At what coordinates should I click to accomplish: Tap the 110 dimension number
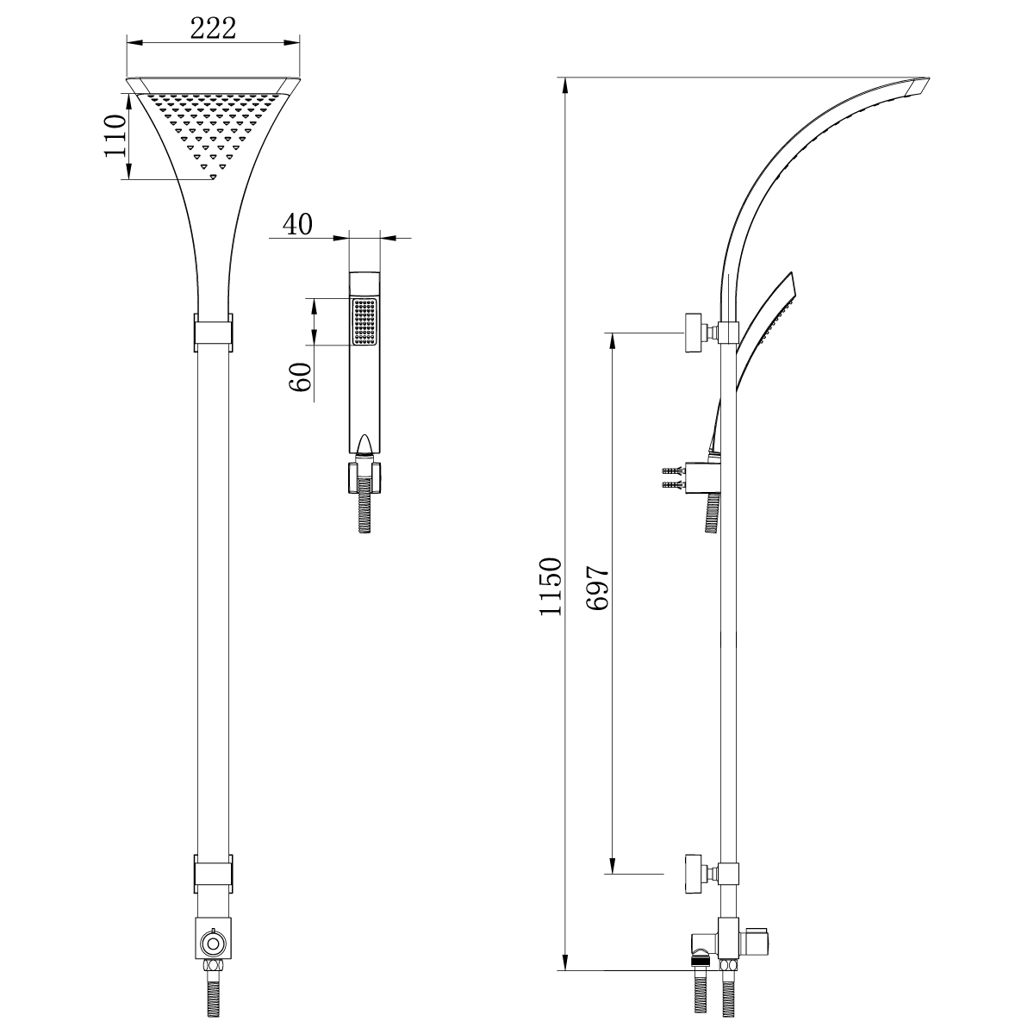tap(115, 135)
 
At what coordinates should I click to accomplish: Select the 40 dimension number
tap(297, 224)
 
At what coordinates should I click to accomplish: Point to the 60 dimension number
tap(301, 377)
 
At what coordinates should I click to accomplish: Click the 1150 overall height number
tap(551, 586)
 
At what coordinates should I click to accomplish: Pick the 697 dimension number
tap(598, 588)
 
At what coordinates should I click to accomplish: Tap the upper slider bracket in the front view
tap(213, 333)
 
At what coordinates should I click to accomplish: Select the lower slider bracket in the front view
tap(213, 874)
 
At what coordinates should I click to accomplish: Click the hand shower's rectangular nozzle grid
tap(364, 322)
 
